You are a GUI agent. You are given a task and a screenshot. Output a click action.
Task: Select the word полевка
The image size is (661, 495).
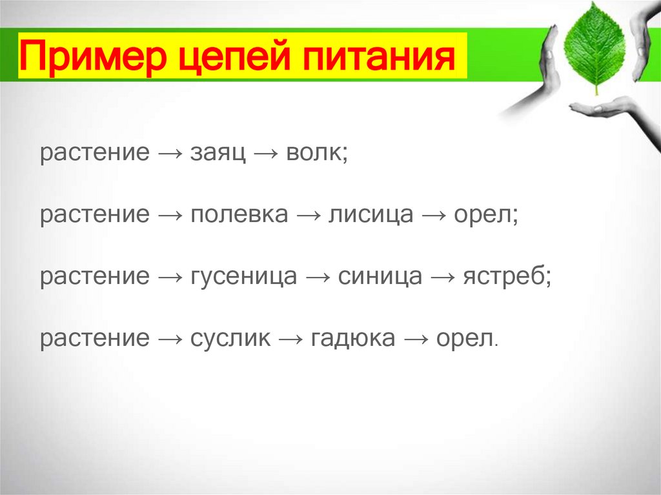pos(239,215)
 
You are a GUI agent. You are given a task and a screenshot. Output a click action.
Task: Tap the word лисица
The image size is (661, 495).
pos(371,215)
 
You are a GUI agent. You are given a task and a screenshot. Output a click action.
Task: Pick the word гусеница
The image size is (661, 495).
pos(244,276)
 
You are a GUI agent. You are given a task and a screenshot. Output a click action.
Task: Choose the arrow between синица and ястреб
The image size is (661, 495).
pos(443,276)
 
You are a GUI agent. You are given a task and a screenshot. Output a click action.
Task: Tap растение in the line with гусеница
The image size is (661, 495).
pos(94,276)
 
